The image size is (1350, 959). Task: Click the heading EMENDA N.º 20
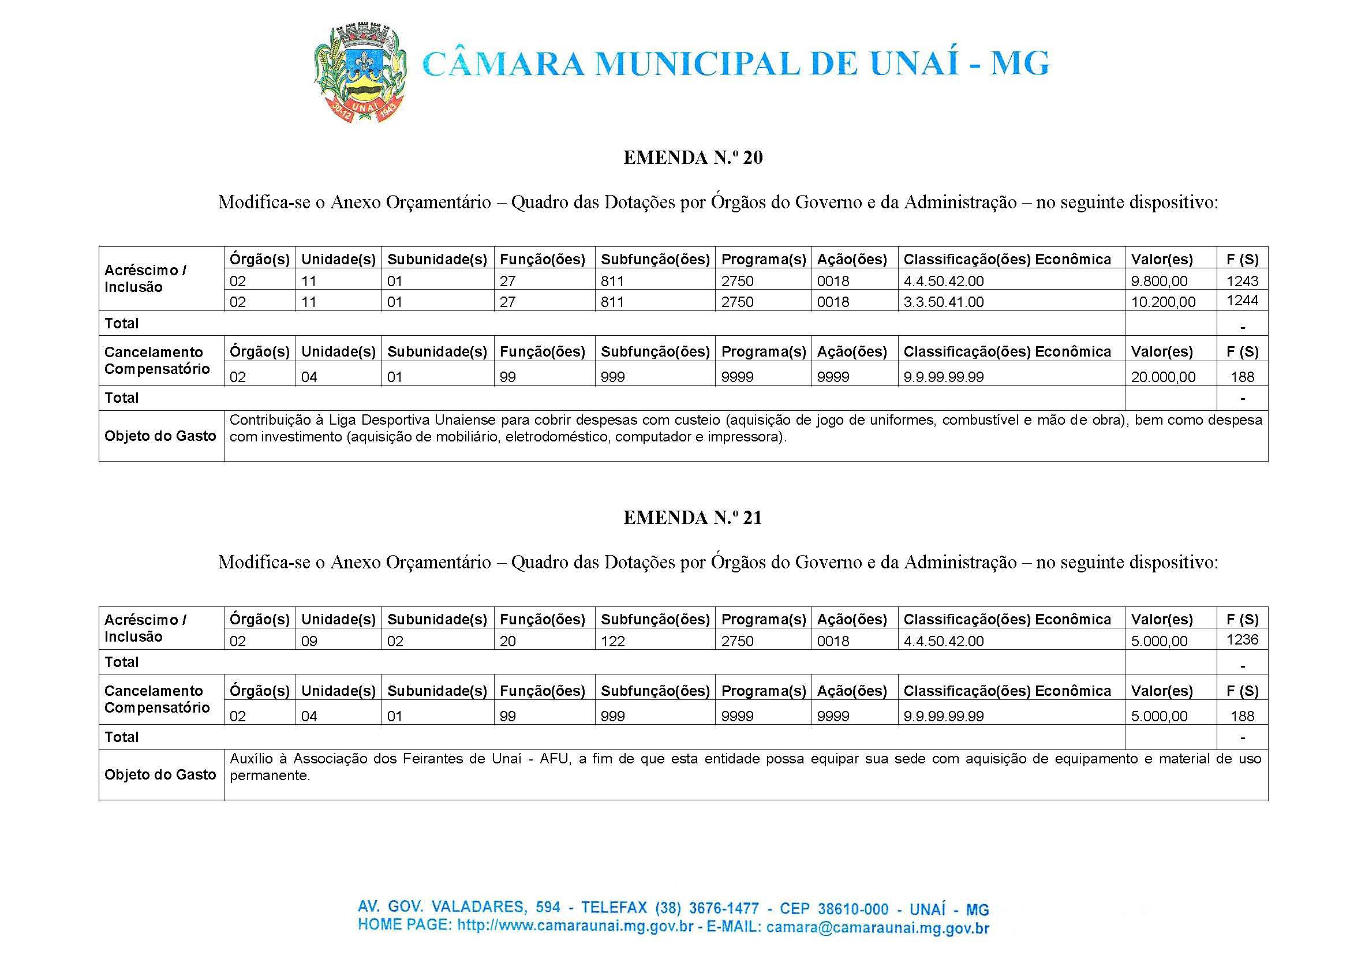click(693, 158)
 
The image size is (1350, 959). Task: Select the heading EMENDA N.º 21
click(693, 518)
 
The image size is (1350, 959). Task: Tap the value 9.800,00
click(1158, 281)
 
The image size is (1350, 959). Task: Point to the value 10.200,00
click(1163, 302)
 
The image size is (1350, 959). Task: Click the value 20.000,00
click(1163, 377)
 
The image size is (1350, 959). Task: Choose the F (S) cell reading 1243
click(1242, 281)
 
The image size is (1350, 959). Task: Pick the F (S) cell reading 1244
click(1242, 301)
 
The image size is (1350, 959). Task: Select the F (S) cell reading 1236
click(1242, 639)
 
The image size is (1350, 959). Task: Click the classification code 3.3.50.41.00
click(943, 302)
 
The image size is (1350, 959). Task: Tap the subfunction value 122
click(612, 641)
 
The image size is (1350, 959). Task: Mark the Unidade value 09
click(309, 641)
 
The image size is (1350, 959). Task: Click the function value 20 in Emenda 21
click(507, 641)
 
